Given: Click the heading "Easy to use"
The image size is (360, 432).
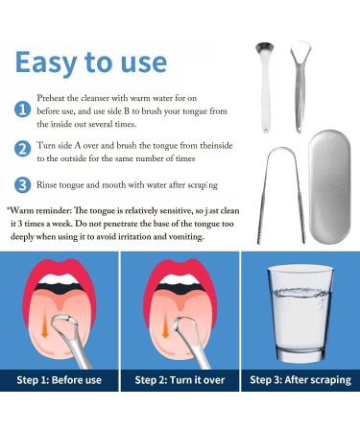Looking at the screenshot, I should (x=91, y=62).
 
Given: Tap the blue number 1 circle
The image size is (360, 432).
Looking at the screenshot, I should (x=22, y=109).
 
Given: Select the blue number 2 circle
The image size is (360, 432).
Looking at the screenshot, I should (x=22, y=150).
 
